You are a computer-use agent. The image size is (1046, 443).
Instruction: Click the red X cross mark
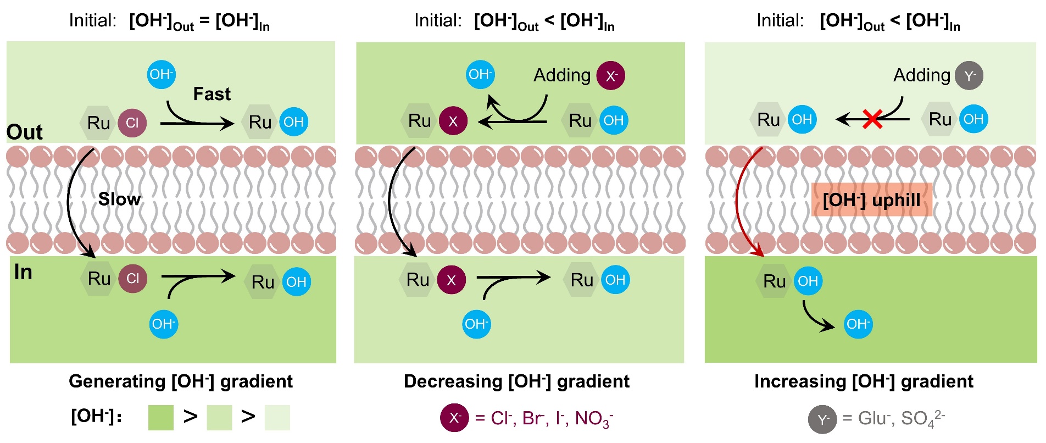pyautogui.click(x=872, y=119)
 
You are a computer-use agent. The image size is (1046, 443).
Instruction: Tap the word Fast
pyautogui.click(x=212, y=94)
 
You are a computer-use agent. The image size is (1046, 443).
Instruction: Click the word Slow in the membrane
pyautogui.click(x=119, y=199)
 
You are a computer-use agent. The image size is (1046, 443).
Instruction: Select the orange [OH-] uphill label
pyautogui.click(x=871, y=200)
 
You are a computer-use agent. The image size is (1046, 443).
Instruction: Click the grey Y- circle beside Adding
pyautogui.click(x=969, y=76)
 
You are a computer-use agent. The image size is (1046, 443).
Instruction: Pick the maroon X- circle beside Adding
pyautogui.click(x=611, y=76)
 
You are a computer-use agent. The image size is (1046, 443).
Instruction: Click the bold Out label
pyautogui.click(x=24, y=132)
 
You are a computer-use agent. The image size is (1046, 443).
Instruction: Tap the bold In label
pyautogui.click(x=23, y=272)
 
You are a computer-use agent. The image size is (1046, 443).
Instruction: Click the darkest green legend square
pyautogui.click(x=161, y=418)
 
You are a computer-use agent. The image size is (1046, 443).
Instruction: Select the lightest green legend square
pyautogui.click(x=277, y=418)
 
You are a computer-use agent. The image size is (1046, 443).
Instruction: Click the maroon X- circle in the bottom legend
pyautogui.click(x=454, y=418)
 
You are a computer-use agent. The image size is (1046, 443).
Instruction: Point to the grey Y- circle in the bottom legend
pyautogui.click(x=822, y=420)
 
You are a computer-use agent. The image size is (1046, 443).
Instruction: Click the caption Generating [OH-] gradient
pyautogui.click(x=181, y=381)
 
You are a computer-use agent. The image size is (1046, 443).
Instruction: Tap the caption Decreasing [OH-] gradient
pyautogui.click(x=516, y=381)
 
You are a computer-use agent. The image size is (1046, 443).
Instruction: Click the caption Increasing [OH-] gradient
pyautogui.click(x=864, y=381)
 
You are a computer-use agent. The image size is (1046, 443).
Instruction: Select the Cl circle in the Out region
pyautogui.click(x=132, y=123)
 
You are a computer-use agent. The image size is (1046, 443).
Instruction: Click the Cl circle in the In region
pyautogui.click(x=133, y=279)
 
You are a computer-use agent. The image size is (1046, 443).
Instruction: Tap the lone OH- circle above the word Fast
pyautogui.click(x=162, y=75)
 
